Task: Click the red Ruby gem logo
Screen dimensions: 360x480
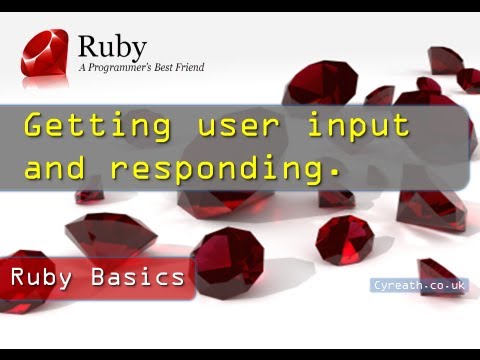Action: (45, 55)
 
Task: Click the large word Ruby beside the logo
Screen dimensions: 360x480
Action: (112, 46)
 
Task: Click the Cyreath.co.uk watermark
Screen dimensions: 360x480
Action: (418, 285)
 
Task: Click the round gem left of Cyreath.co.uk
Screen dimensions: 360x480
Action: (344, 240)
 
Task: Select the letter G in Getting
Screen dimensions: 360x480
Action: (35, 127)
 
